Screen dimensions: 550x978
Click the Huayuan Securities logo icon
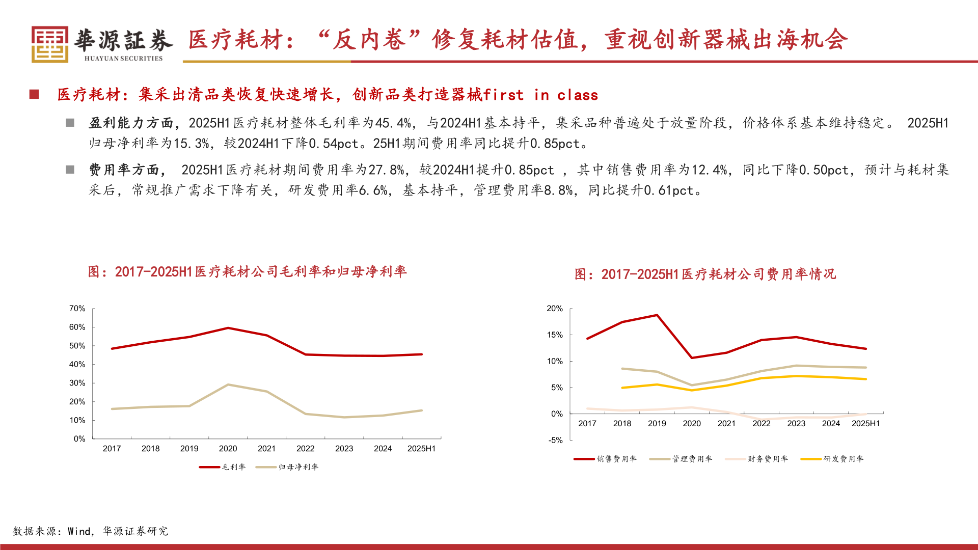click(49, 44)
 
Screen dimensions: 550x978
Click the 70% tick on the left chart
click(77, 309)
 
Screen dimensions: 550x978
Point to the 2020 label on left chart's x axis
click(228, 449)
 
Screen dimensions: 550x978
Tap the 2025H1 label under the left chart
click(421, 449)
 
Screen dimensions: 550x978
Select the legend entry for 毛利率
click(223, 467)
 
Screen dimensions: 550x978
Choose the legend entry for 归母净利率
click(287, 467)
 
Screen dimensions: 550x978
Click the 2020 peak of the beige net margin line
click(228, 384)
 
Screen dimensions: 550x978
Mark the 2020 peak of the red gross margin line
click(228, 328)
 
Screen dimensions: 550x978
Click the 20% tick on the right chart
click(555, 309)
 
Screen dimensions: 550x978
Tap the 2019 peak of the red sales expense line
click(657, 315)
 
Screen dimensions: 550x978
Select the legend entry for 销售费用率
click(605, 459)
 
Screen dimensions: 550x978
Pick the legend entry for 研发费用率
click(832, 459)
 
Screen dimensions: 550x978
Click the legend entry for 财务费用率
click(756, 459)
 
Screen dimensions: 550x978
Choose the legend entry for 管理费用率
click(681, 459)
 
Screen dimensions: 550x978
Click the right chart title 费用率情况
click(705, 274)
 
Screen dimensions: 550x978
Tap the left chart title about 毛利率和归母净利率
click(247, 272)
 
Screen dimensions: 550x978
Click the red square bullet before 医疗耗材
click(34, 95)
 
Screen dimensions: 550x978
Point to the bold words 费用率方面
click(124, 170)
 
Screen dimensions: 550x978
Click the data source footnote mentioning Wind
click(90, 531)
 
